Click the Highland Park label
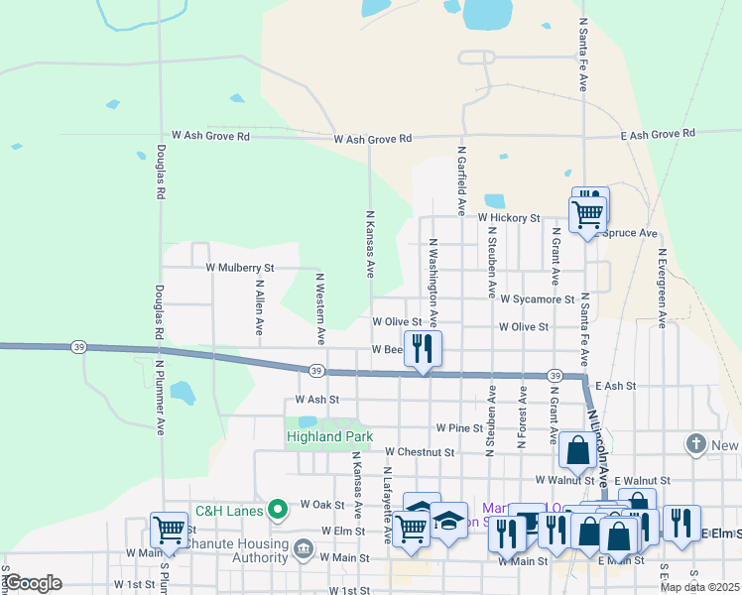(324, 436)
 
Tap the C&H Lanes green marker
(279, 512)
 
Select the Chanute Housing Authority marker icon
(303, 547)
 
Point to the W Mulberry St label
(239, 268)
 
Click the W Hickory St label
(508, 217)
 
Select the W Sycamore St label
(538, 298)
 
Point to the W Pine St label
(459, 428)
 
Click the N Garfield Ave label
(461, 180)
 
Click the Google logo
(34, 583)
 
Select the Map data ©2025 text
(699, 587)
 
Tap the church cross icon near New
(697, 443)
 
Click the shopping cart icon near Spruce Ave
(586, 212)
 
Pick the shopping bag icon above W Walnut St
(577, 449)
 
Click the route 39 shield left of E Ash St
(555, 376)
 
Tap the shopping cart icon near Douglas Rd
(169, 529)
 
